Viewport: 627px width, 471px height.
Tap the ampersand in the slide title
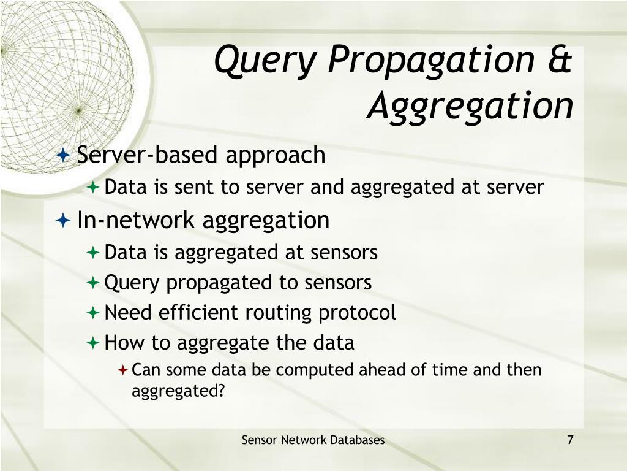tap(558, 61)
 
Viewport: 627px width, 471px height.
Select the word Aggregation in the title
tap(471, 105)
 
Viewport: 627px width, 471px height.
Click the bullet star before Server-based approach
tap(63, 156)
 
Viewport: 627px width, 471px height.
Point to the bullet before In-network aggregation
tap(63, 220)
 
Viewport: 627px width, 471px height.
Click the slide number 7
tap(570, 440)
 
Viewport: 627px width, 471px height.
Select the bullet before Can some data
tap(122, 370)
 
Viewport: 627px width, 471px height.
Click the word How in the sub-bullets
tap(118, 342)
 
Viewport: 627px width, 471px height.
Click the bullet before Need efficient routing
tap(93, 313)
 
